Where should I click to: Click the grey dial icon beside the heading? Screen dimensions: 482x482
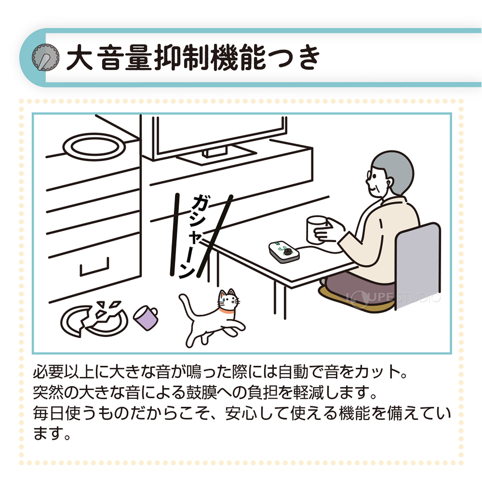(45, 57)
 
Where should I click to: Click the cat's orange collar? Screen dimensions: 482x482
(226, 312)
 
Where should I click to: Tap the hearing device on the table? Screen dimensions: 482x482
(284, 252)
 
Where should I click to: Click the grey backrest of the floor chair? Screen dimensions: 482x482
(419, 265)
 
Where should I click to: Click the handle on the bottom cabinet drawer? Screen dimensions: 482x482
(94, 268)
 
